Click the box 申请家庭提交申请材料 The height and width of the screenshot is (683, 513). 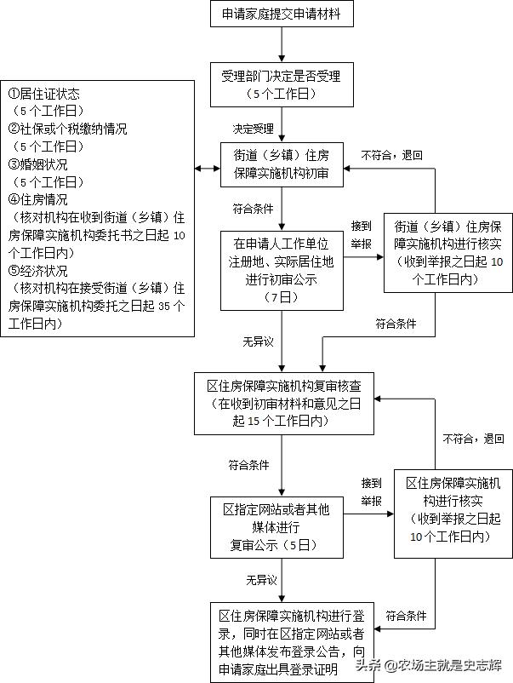click(x=282, y=14)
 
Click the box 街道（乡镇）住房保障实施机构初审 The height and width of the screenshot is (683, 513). click(x=282, y=164)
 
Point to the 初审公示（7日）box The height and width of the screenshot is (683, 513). click(x=282, y=269)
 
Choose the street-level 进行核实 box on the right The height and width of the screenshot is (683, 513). click(x=448, y=253)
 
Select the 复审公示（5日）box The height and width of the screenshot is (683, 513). click(x=282, y=527)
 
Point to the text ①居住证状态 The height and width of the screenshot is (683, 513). click(x=44, y=95)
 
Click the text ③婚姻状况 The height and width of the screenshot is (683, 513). click(x=38, y=164)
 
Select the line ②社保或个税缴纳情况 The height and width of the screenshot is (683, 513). click(x=68, y=129)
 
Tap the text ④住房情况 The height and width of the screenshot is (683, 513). click(x=38, y=200)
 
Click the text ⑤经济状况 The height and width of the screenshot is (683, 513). click(x=38, y=271)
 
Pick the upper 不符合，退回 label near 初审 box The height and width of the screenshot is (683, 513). click(x=391, y=156)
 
